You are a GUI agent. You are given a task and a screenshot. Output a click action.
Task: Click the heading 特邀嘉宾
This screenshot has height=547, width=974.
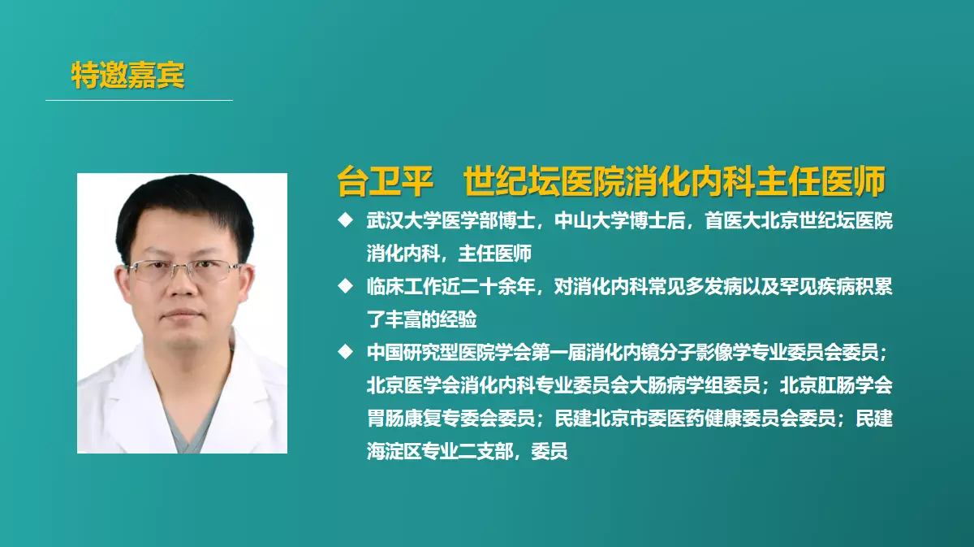point(128,76)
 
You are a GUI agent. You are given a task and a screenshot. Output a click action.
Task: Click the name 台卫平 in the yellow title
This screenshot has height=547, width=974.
point(386,181)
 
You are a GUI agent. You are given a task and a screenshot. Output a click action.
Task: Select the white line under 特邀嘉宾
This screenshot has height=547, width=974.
point(139,100)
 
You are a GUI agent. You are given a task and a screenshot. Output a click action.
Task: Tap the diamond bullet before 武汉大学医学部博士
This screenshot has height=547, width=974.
point(345,220)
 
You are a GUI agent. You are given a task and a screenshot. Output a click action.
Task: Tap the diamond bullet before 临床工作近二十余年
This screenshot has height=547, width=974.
point(345,286)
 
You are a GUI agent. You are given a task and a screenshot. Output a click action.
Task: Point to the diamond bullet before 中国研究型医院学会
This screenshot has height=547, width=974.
point(345,352)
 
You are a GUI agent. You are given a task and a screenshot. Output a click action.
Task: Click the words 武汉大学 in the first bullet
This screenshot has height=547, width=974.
point(403,221)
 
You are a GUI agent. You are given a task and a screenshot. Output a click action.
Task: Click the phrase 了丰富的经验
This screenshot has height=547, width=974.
point(422,319)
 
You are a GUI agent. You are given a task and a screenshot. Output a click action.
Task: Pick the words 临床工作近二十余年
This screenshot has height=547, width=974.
point(450,287)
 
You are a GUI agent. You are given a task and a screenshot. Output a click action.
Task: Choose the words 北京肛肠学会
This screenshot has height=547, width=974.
point(836,385)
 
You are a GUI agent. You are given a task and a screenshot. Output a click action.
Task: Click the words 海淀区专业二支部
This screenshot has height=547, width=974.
point(440,451)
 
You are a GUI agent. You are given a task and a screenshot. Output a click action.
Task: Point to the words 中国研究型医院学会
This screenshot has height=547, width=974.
point(449,352)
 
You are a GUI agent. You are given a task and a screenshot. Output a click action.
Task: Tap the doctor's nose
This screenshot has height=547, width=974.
point(183,288)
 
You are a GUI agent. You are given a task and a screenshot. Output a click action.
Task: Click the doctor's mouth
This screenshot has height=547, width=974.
point(183,314)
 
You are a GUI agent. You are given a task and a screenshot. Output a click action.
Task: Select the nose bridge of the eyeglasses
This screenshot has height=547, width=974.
point(183,267)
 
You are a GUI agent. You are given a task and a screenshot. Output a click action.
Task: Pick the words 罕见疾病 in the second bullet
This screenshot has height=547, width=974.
point(816,287)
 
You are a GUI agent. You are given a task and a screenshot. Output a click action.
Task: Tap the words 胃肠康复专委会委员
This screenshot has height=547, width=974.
point(450,418)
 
